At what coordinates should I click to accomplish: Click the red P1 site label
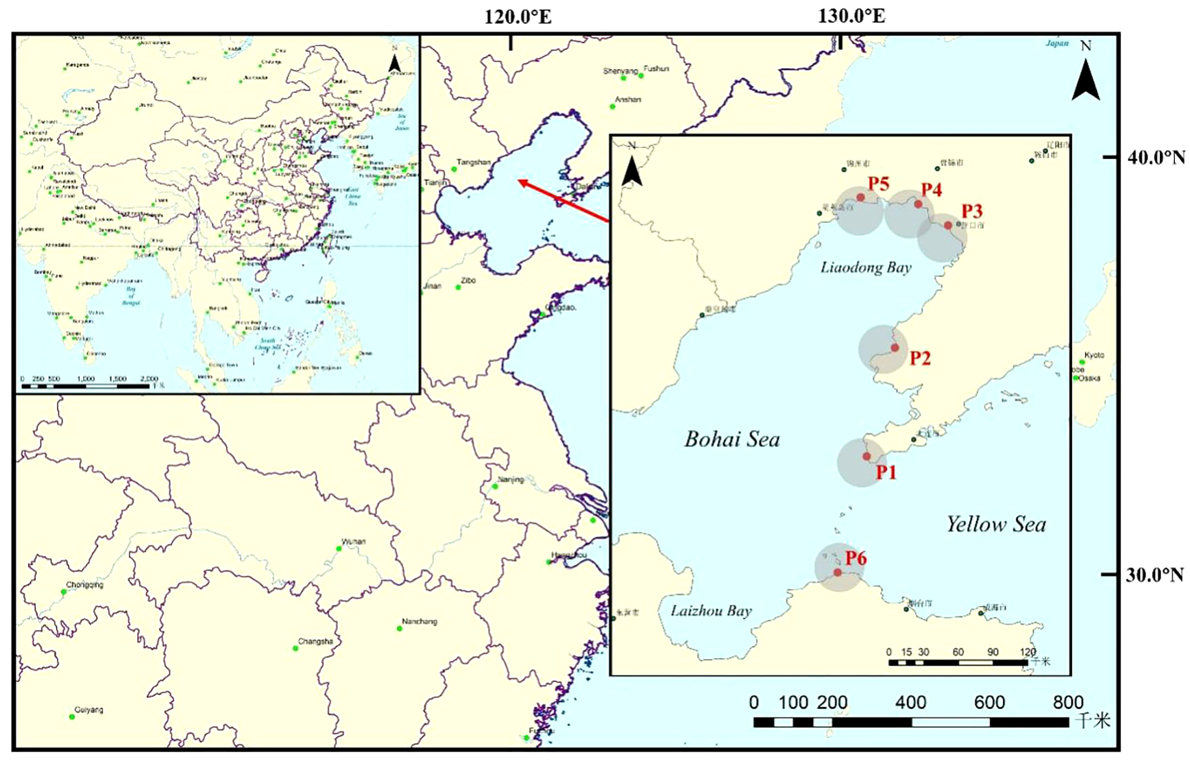[886, 472]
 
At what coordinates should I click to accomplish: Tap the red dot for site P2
[895, 348]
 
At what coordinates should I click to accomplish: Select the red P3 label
[972, 212]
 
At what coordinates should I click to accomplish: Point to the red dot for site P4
[918, 204]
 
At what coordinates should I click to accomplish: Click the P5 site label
[878, 184]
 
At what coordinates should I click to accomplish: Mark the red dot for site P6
[838, 572]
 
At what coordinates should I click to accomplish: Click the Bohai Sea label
[732, 439]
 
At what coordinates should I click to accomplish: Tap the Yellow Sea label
[996, 524]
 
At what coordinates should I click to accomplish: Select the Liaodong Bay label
[866, 267]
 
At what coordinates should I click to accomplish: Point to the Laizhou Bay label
[711, 611]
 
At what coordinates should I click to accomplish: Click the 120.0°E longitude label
[518, 16]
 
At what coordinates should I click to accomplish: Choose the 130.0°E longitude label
[851, 16]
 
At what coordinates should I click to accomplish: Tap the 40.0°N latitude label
[1156, 158]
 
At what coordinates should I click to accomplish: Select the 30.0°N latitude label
[1156, 575]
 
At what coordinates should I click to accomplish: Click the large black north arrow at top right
[1086, 80]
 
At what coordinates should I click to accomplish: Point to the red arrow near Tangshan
[563, 202]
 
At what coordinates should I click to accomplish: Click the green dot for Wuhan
[339, 548]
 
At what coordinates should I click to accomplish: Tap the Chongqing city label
[85, 585]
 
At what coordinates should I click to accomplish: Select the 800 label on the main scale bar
[1068, 702]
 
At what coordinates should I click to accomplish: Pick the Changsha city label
[315, 642]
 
